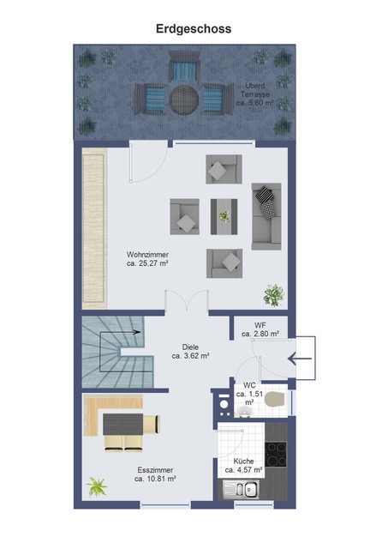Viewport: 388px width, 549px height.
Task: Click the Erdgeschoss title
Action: [x=194, y=28]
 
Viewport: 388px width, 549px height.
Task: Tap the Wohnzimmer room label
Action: [x=147, y=259]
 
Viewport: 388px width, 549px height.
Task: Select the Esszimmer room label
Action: [x=155, y=474]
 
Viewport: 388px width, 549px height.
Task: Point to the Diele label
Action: [x=190, y=352]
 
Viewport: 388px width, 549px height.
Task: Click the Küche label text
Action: [x=243, y=465]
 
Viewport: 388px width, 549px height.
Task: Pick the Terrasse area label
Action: [x=255, y=94]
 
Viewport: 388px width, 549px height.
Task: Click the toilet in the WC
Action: [x=275, y=400]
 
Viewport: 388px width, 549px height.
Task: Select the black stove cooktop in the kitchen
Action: [x=276, y=454]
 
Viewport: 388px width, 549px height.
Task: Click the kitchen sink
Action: [x=242, y=488]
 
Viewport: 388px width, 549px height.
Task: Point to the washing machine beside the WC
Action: [x=223, y=404]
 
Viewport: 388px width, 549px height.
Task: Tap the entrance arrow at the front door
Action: [x=300, y=359]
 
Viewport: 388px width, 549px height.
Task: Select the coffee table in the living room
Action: [x=224, y=217]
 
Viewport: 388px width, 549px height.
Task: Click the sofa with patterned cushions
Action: [x=266, y=216]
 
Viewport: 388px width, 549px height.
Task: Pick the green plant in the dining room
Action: [x=97, y=486]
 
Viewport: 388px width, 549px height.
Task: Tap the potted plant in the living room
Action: [x=274, y=295]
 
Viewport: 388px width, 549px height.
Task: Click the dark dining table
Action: [x=122, y=424]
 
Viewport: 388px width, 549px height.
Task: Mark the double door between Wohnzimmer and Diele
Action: [x=187, y=301]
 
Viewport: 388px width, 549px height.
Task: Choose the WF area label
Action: [x=260, y=329]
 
